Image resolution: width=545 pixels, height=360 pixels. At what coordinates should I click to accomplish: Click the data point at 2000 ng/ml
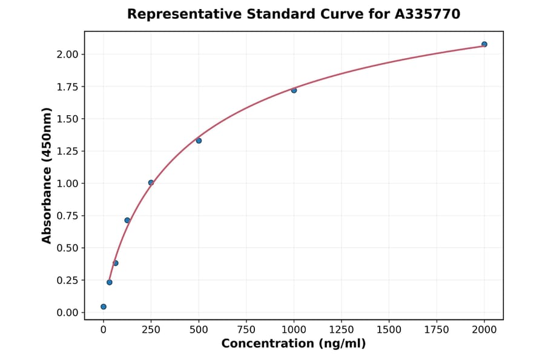pyautogui.click(x=484, y=44)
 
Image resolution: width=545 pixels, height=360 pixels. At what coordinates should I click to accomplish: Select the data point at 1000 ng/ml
pyautogui.click(x=294, y=90)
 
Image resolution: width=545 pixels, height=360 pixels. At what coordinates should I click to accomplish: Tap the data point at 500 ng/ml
pyautogui.click(x=199, y=141)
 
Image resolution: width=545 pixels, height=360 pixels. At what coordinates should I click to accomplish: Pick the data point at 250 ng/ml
pyautogui.click(x=151, y=182)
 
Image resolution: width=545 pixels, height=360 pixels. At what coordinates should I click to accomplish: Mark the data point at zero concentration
pyautogui.click(x=104, y=307)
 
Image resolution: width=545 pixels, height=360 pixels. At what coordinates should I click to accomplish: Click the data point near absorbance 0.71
pyautogui.click(x=127, y=220)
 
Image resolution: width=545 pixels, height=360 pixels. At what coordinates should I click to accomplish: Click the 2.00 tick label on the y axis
pyautogui.click(x=67, y=55)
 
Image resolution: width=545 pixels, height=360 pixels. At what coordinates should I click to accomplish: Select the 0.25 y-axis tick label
pyautogui.click(x=67, y=280)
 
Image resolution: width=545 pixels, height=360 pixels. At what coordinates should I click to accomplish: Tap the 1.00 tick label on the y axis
pyautogui.click(x=67, y=184)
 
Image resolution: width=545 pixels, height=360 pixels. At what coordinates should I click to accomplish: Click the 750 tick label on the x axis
pyautogui.click(x=246, y=329)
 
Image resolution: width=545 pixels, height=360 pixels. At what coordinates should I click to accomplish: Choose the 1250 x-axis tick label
pyautogui.click(x=341, y=329)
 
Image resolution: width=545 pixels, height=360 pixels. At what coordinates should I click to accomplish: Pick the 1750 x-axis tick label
pyautogui.click(x=436, y=329)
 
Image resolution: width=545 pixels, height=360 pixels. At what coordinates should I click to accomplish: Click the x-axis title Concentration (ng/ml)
pyautogui.click(x=294, y=344)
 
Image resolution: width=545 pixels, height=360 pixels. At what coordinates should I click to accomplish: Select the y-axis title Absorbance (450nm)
pyautogui.click(x=47, y=176)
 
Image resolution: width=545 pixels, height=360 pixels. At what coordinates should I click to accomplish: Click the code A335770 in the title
pyautogui.click(x=428, y=14)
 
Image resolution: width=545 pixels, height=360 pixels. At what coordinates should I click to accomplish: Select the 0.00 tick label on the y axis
pyautogui.click(x=67, y=313)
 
